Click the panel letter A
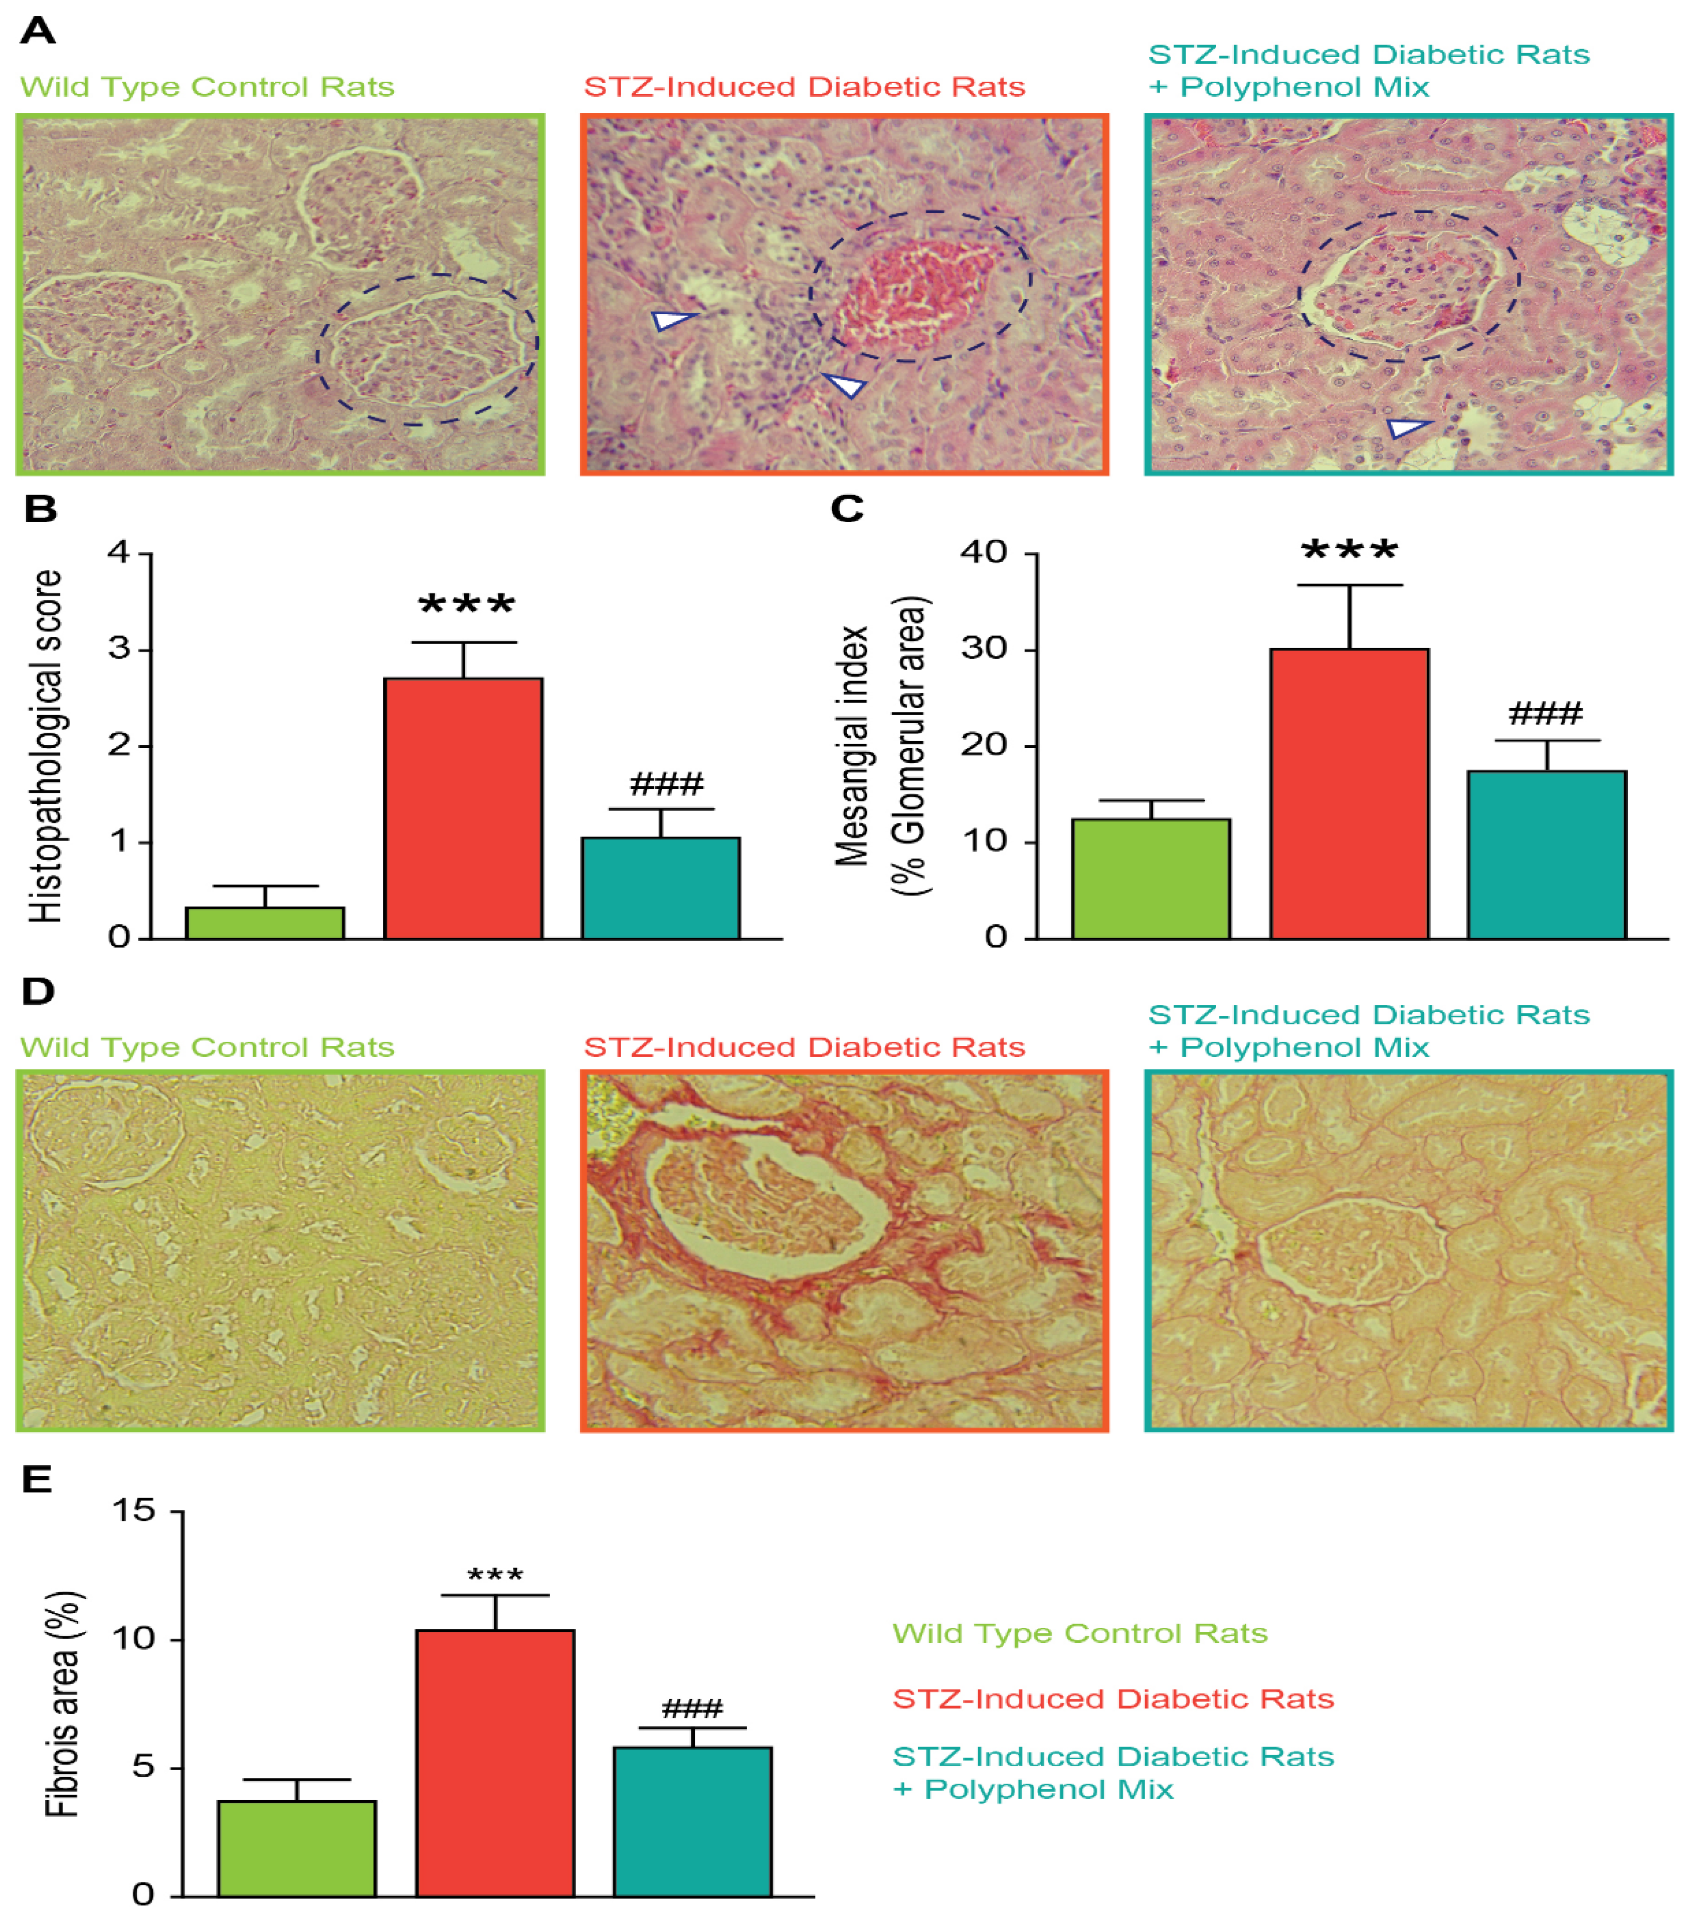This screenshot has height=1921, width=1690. pyautogui.click(x=38, y=31)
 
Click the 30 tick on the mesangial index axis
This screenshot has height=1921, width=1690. pyautogui.click(x=983, y=649)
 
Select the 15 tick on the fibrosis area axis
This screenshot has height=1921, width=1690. pyautogui.click(x=132, y=1511)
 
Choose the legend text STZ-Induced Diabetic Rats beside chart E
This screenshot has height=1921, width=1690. pyautogui.click(x=1113, y=1698)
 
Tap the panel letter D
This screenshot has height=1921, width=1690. pyautogui.click(x=38, y=991)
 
